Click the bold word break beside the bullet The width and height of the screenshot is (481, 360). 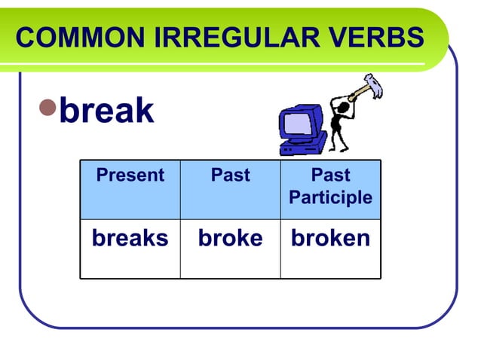click(106, 111)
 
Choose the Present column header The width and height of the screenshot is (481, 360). click(130, 175)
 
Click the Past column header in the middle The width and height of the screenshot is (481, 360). click(230, 175)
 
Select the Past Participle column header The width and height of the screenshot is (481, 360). click(330, 186)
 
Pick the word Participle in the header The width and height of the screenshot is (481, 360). click(330, 198)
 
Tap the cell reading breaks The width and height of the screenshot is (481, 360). click(130, 239)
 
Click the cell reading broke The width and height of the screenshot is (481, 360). click(230, 239)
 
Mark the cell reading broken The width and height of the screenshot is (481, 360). click(330, 239)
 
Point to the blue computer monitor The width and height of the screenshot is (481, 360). click(302, 124)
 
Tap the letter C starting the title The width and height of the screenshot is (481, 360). click(24, 38)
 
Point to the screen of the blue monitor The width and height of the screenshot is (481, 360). click(299, 122)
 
